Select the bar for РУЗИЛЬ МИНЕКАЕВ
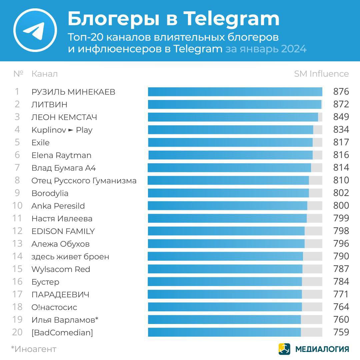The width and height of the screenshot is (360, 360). (x=235, y=92)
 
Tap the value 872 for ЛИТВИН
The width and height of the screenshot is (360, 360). (x=341, y=104)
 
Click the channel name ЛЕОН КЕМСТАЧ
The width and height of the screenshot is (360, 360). (x=64, y=117)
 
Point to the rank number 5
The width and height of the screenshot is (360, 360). (x=17, y=143)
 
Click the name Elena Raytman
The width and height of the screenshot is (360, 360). (x=61, y=155)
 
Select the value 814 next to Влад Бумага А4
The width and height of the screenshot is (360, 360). (x=341, y=168)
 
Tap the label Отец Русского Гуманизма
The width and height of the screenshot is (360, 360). (x=84, y=181)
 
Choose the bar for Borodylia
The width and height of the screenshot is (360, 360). (x=228, y=193)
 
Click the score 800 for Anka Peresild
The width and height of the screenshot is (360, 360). (x=341, y=206)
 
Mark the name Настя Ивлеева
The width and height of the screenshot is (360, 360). (x=62, y=219)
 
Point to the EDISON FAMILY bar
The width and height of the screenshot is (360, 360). (x=226, y=231)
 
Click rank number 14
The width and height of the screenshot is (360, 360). (x=17, y=256)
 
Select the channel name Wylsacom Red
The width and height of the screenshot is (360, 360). (x=61, y=269)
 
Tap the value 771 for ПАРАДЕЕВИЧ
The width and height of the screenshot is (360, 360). (x=341, y=294)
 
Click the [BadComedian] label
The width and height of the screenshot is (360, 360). (x=62, y=332)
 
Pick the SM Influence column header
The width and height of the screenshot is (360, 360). (x=321, y=74)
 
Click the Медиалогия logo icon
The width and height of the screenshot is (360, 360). (x=284, y=349)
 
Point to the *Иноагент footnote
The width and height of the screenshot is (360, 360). (x=34, y=349)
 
